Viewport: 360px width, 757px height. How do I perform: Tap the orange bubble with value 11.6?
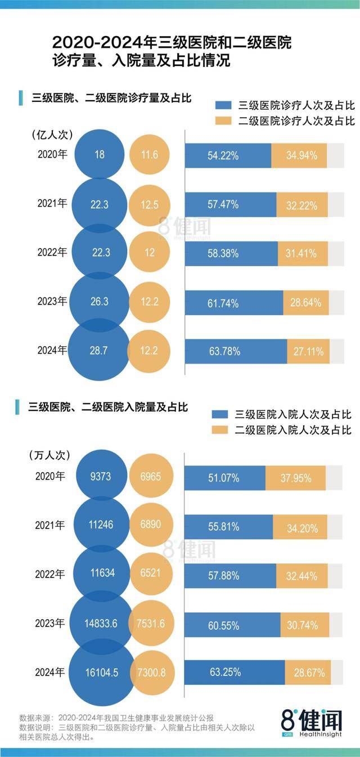point(149,155)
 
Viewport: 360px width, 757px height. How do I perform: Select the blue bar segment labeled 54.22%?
point(228,155)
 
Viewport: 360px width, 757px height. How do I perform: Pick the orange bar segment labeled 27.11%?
point(308,351)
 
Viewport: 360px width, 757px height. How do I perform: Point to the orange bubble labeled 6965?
point(149,477)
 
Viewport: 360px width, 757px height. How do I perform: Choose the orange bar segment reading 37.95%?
point(295,478)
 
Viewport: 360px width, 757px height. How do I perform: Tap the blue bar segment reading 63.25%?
point(235,672)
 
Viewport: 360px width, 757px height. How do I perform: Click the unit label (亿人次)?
point(52,135)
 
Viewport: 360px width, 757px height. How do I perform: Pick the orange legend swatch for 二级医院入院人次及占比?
point(220,430)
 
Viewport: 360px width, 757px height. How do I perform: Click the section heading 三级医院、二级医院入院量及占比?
point(107,407)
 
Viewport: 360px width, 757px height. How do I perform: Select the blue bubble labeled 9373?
point(99,477)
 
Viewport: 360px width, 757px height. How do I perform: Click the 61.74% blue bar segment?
point(234,303)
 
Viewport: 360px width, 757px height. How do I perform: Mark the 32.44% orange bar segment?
point(301,575)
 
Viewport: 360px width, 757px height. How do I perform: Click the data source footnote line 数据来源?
point(116,718)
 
